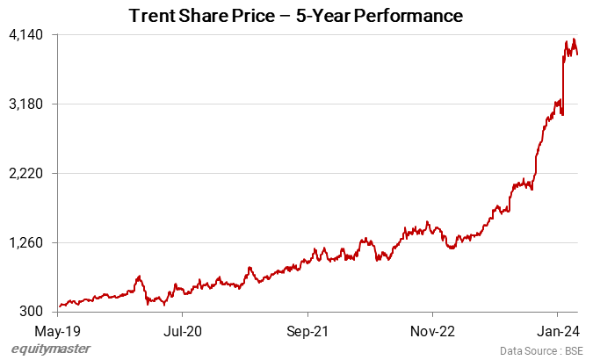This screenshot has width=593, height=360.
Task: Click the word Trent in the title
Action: (x=152, y=16)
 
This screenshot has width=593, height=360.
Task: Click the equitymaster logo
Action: (x=51, y=349)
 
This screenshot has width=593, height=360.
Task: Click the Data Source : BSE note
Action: (x=542, y=350)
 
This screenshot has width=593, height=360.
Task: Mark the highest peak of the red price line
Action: (x=574, y=40)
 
